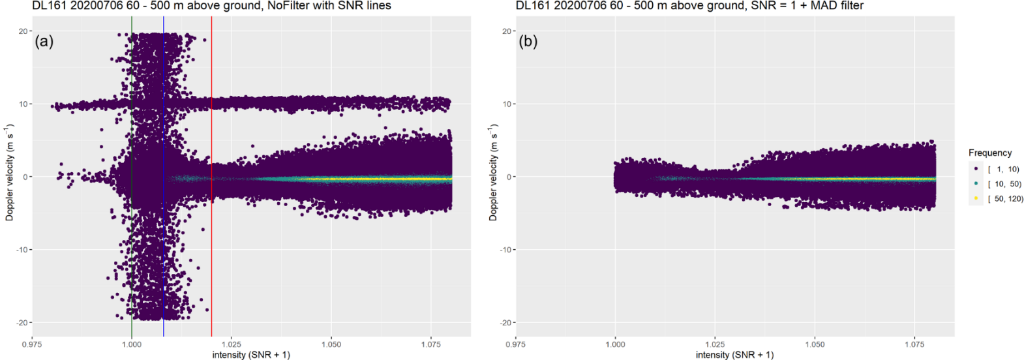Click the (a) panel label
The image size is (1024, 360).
click(44, 42)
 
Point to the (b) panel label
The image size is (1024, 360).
click(528, 42)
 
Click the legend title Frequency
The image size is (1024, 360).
click(989, 153)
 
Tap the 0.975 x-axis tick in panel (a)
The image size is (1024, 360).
click(32, 344)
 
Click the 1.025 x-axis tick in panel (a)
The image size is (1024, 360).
click(232, 344)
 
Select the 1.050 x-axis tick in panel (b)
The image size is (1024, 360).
click(815, 344)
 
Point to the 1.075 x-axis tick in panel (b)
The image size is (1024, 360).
click(914, 344)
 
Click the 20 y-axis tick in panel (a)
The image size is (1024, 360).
click(23, 31)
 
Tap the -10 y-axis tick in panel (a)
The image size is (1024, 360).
click(21, 250)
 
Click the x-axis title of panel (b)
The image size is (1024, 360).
click(734, 355)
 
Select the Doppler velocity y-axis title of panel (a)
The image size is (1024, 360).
click(10, 172)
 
